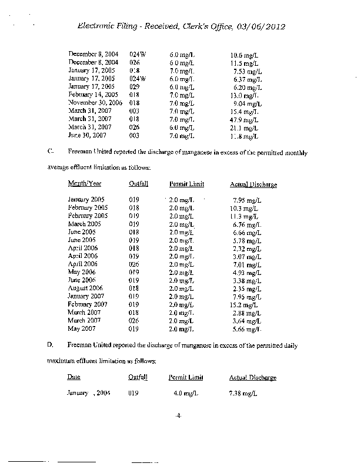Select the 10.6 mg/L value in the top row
(245, 55)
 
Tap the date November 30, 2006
(95, 103)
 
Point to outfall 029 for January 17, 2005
(134, 86)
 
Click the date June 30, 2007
(89, 135)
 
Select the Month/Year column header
(85, 184)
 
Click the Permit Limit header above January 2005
(187, 184)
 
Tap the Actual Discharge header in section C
(253, 184)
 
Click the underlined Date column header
(74, 377)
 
